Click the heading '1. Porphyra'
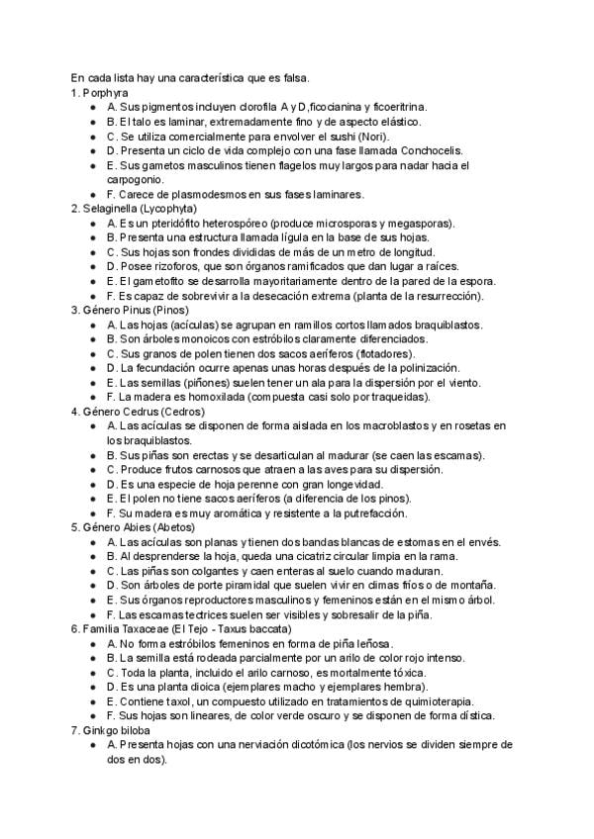click(99, 92)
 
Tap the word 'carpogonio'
click(138, 180)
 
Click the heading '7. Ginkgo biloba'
click(110, 730)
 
